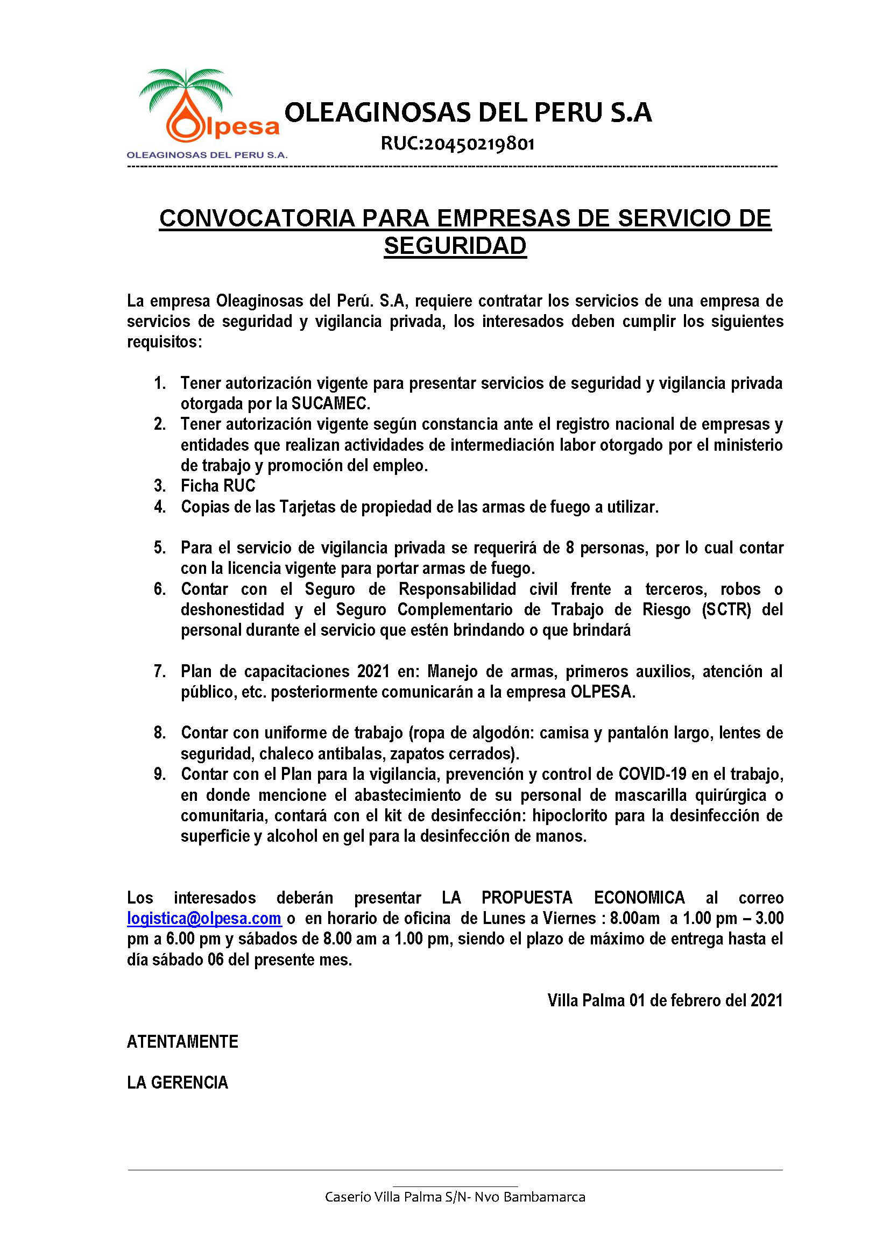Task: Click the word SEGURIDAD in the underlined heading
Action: click(x=455, y=246)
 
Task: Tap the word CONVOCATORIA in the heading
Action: click(x=257, y=218)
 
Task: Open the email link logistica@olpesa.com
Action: click(x=204, y=918)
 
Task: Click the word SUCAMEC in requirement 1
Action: click(x=330, y=403)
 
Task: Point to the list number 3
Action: click(x=159, y=486)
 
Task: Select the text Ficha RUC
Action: click(x=218, y=486)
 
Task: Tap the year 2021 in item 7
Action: click(x=373, y=671)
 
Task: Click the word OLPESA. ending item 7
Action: click(x=603, y=692)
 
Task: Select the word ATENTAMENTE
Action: click(x=182, y=1042)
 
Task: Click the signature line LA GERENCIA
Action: click(x=178, y=1083)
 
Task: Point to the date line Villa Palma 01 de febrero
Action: click(x=665, y=1000)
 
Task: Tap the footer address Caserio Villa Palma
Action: click(x=455, y=1197)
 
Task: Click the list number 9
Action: click(x=159, y=774)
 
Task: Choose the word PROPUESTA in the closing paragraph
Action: click(x=527, y=898)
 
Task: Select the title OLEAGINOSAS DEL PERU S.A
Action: click(x=468, y=112)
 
